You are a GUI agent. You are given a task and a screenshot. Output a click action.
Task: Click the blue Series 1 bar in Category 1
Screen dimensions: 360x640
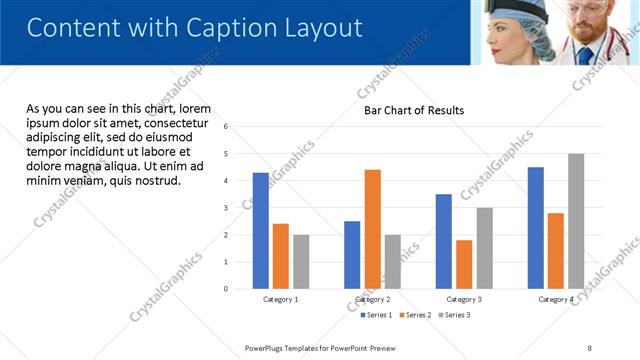(261, 231)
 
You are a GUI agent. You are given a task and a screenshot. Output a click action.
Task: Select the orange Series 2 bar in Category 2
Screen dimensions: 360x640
(372, 229)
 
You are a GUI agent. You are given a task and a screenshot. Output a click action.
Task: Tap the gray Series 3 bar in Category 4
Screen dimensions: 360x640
(575, 221)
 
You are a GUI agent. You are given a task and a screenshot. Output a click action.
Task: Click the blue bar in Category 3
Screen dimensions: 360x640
(444, 241)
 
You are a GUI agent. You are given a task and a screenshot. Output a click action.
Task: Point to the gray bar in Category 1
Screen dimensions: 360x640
(301, 262)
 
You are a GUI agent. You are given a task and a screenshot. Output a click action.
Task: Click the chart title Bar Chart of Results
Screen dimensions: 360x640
(413, 110)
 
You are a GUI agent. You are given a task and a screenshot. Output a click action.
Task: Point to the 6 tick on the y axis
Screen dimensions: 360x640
(226, 127)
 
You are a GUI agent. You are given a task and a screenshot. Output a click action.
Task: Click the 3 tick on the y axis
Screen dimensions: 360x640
(226, 208)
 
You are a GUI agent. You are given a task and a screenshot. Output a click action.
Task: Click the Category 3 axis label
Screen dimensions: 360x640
(464, 299)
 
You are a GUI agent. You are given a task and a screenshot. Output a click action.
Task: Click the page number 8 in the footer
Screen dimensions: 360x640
(589, 347)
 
